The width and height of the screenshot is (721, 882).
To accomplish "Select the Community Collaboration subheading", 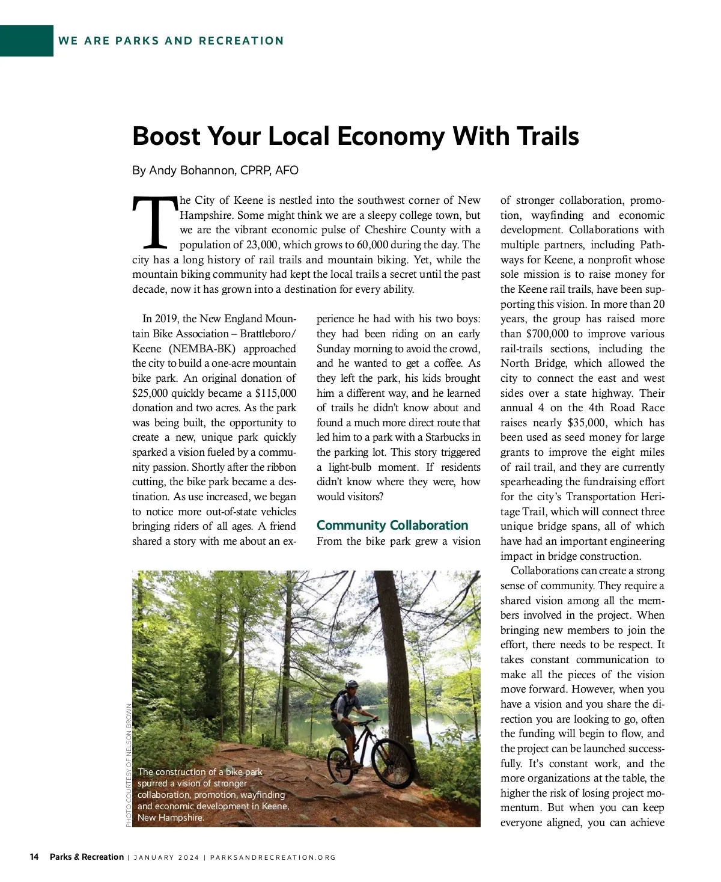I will pos(392,525).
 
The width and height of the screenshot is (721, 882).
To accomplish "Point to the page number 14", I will pos(34,857).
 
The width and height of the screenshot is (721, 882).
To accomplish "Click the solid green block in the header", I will pos(26,41).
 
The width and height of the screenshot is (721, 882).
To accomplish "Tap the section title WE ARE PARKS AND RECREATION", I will pos(171,41).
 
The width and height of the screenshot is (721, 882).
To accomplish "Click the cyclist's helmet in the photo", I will pos(352,684).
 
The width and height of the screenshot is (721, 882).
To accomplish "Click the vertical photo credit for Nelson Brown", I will pos(129,765).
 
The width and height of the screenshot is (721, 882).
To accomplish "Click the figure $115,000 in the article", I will pos(276,393).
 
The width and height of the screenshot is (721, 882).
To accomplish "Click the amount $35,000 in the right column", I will pos(587,423).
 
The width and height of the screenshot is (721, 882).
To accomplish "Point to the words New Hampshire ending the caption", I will pos(170,818).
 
